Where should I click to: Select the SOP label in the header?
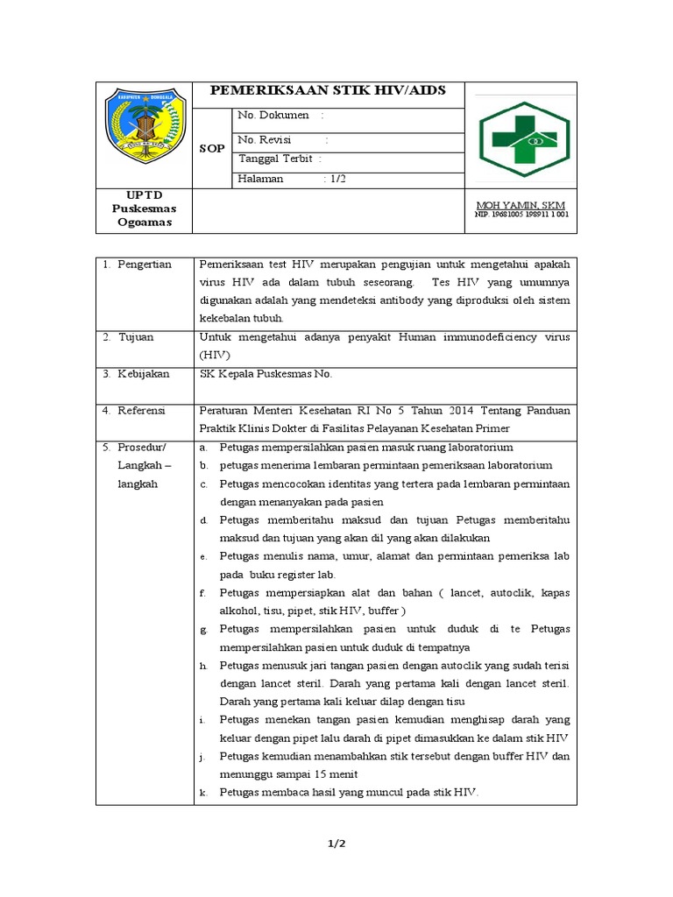point(211,148)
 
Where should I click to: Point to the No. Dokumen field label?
point(273,115)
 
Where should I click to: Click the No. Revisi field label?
point(266,139)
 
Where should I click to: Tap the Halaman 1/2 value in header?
point(336,179)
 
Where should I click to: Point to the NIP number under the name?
point(521,214)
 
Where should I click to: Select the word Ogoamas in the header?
point(144,222)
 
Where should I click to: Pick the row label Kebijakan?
point(142,374)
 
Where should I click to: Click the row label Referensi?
point(143,410)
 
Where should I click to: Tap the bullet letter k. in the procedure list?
point(203,792)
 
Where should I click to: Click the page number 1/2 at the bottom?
point(336,844)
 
